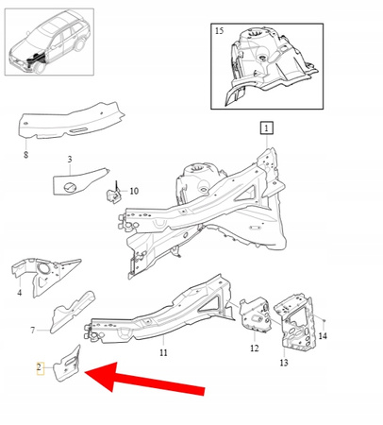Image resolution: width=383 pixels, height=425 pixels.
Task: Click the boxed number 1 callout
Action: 266,127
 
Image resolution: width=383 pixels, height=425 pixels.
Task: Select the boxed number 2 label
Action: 40,367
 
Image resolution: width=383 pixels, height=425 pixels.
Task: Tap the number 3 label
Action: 68,160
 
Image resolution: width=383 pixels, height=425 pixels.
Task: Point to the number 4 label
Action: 19,293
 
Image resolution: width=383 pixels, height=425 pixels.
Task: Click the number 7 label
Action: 32,330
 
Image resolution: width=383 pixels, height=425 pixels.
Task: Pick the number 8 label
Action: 25,152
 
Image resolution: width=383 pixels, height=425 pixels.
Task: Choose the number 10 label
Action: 133,191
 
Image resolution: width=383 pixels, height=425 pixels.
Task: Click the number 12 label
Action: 253,348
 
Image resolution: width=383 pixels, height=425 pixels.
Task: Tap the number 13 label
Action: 284,362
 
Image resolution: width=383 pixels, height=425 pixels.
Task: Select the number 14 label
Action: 323,336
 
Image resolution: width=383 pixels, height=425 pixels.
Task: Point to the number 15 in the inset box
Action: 219,31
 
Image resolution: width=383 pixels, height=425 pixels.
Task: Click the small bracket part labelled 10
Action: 110,194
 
